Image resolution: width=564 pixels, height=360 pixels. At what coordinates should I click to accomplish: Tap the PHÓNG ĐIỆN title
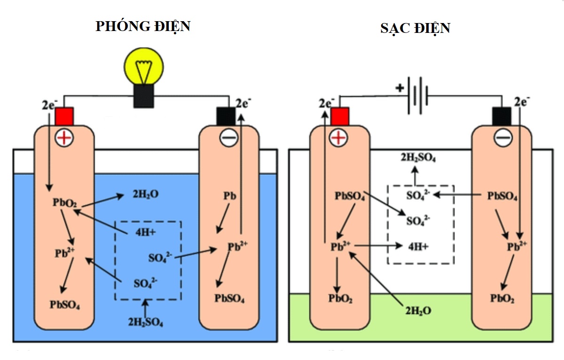click(x=143, y=26)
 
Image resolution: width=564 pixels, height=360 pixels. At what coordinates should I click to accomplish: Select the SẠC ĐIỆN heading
click(x=415, y=28)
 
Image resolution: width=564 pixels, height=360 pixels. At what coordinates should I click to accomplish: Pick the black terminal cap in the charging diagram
click(x=501, y=116)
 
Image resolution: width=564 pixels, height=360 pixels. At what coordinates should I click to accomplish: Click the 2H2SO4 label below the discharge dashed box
click(x=146, y=322)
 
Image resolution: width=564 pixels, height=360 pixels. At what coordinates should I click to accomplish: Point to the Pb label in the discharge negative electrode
click(x=228, y=196)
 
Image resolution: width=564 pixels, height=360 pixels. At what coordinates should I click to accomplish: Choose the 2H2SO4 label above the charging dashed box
click(x=418, y=159)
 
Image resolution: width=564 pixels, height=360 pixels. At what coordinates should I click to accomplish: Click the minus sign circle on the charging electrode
click(x=502, y=138)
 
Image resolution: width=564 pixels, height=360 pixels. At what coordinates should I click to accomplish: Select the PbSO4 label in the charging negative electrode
click(x=502, y=196)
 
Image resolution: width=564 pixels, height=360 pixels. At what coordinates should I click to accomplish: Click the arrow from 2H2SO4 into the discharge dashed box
click(x=146, y=308)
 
